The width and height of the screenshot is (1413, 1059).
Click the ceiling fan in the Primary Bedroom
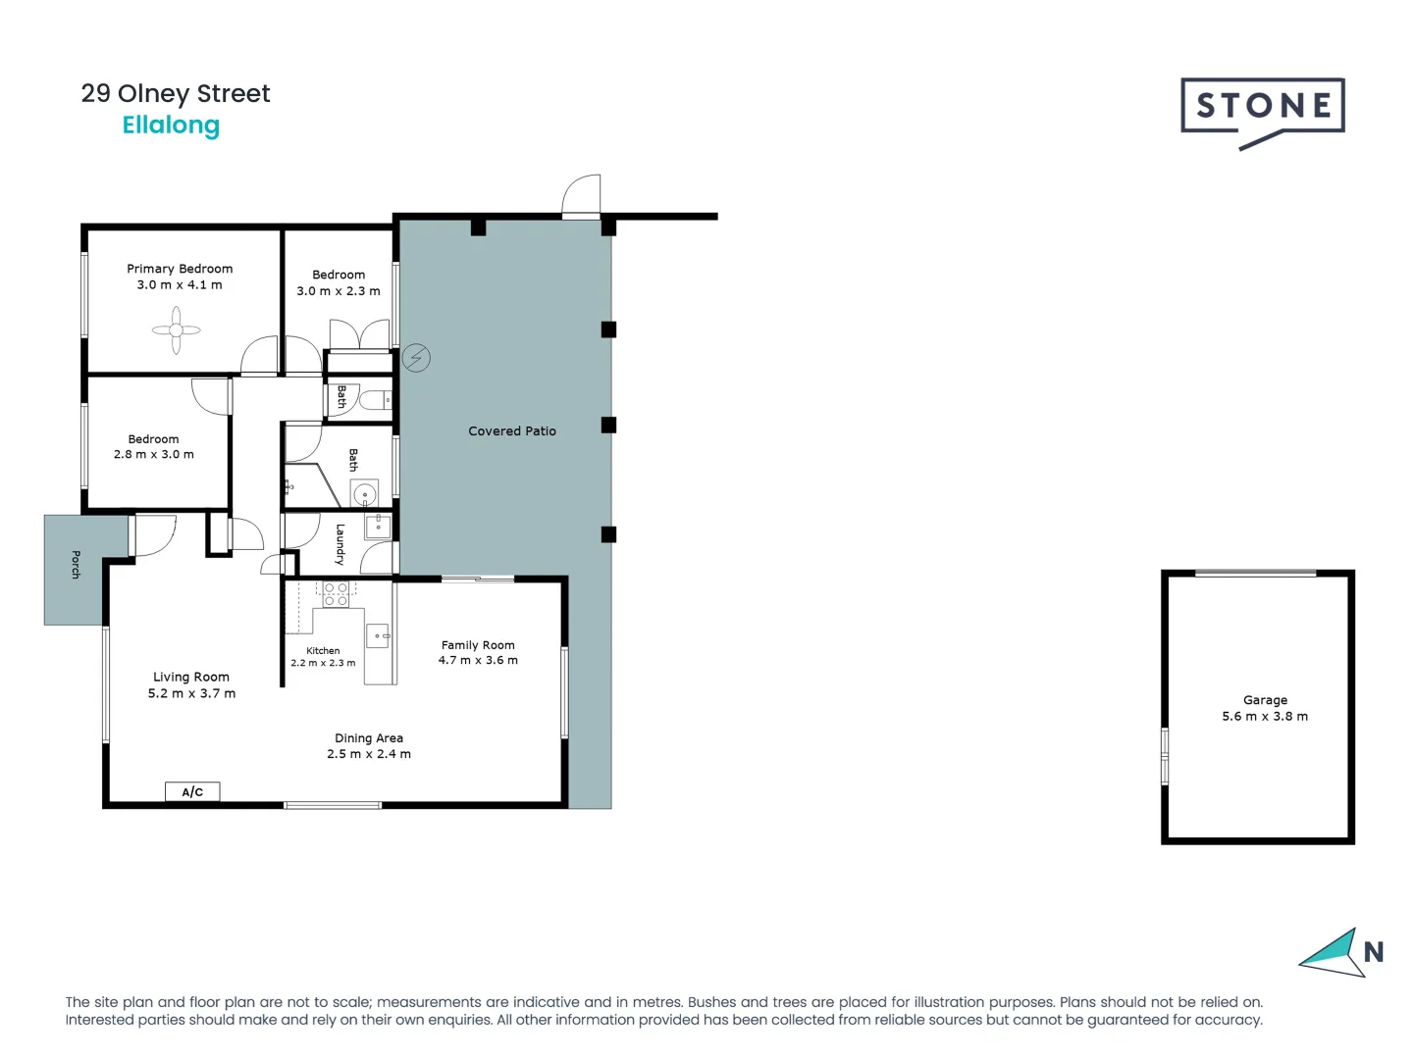[x=177, y=330]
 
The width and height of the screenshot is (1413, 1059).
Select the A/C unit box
[x=192, y=791]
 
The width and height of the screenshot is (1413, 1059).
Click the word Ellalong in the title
[x=171, y=126]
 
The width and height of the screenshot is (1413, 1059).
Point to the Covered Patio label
[x=511, y=431]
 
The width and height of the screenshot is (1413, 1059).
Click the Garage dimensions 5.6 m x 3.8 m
[x=1264, y=717]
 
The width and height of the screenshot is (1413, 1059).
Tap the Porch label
[x=76, y=565]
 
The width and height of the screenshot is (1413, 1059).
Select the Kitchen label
[x=323, y=651]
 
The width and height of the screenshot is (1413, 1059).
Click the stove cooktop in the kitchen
[x=336, y=594]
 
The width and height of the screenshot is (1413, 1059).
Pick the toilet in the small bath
[x=374, y=400]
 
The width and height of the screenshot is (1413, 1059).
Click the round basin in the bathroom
[x=364, y=493]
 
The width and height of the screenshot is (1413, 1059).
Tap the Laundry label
[x=340, y=544]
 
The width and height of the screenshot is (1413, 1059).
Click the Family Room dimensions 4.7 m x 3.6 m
[x=478, y=661]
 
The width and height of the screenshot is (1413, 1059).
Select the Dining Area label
[x=369, y=738]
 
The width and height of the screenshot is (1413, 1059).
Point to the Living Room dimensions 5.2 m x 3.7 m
[x=191, y=693]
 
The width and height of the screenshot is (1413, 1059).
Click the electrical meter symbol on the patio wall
[x=416, y=358]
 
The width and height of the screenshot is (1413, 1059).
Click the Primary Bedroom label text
[x=180, y=269]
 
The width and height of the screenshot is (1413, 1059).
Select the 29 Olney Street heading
[x=176, y=94]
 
